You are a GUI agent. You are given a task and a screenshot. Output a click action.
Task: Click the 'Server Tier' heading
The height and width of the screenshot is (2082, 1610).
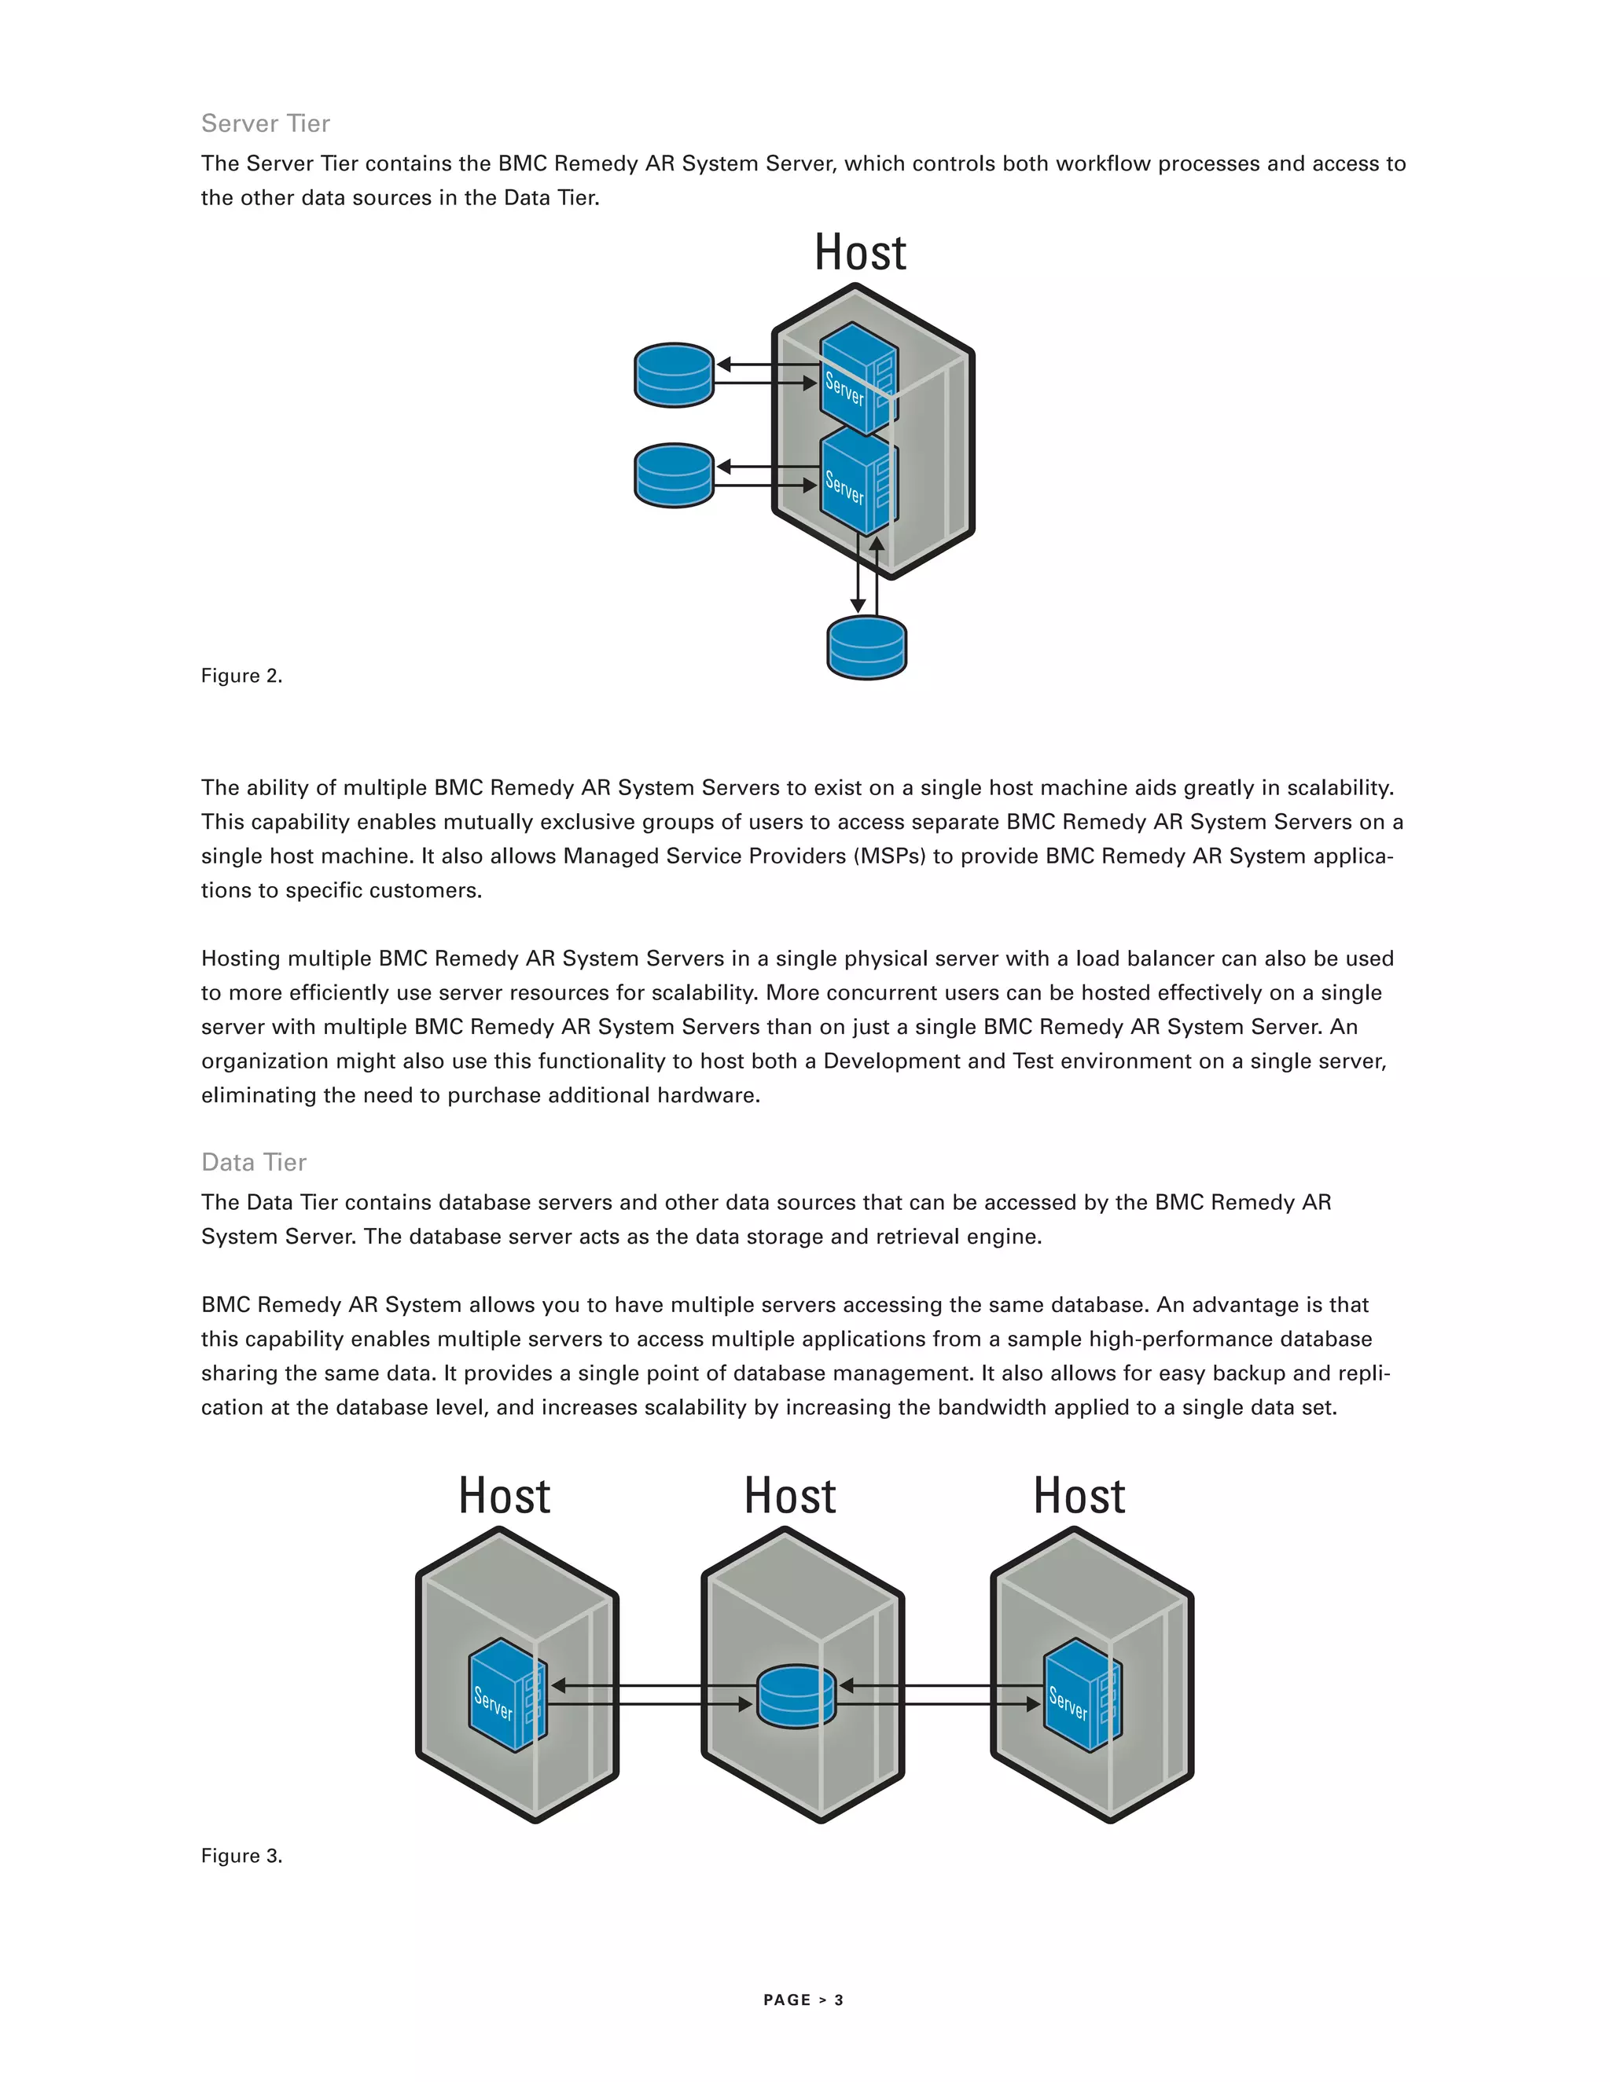(x=265, y=123)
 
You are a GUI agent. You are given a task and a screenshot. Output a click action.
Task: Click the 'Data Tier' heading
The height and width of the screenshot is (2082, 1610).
(x=254, y=1162)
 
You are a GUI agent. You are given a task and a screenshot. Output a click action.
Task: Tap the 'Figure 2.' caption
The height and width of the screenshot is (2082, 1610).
(x=241, y=676)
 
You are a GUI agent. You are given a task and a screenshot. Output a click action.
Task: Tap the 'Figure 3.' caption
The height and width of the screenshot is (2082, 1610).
(x=241, y=1855)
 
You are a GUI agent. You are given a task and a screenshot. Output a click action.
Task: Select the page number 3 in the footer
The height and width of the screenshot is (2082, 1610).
(x=840, y=2000)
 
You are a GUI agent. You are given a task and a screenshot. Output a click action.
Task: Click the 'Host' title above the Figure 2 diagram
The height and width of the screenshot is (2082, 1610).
(x=860, y=254)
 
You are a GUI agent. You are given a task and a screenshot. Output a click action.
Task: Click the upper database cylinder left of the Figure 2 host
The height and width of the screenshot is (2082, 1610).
(x=675, y=375)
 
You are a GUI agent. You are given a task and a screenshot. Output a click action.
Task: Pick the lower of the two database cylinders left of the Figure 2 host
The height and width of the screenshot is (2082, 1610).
(x=675, y=475)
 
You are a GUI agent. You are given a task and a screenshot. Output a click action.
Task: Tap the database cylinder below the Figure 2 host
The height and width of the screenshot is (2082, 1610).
(x=867, y=647)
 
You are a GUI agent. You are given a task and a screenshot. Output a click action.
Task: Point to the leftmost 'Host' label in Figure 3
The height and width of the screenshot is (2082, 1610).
(x=505, y=1496)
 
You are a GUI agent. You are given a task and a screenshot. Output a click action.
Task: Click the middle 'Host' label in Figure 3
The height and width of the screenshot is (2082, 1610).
(x=791, y=1496)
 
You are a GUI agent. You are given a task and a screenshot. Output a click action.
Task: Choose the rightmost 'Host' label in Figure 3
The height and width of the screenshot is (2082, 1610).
(x=1079, y=1496)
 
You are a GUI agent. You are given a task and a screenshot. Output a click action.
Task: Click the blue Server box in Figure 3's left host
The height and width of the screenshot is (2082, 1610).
(x=506, y=1694)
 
